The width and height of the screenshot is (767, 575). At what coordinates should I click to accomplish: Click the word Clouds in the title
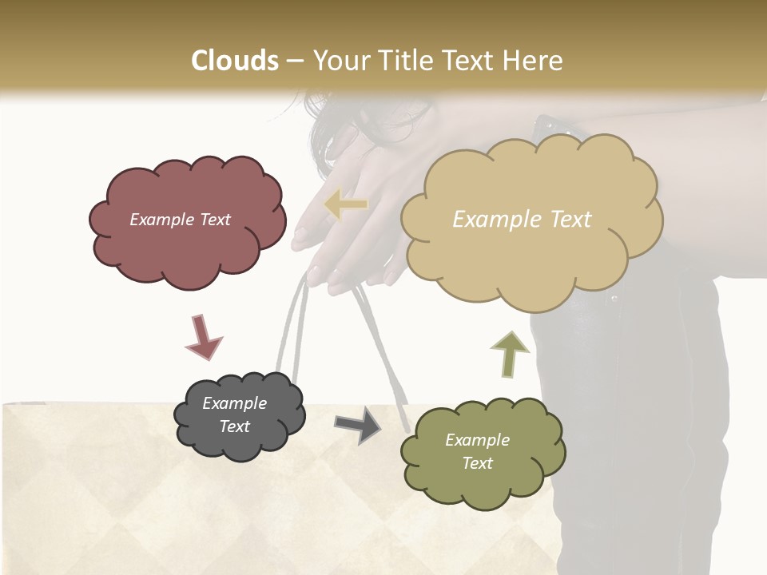[235, 61]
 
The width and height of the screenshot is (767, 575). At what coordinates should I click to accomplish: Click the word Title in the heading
[404, 61]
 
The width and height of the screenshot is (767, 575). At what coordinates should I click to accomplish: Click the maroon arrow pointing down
[203, 337]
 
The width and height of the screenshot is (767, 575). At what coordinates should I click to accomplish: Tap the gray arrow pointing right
[358, 425]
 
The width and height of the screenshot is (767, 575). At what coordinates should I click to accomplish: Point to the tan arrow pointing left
[345, 205]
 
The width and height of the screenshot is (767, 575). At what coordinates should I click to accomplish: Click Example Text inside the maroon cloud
[180, 220]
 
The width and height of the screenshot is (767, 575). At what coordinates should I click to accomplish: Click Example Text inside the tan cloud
[522, 220]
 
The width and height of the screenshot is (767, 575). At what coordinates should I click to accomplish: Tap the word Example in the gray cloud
[234, 403]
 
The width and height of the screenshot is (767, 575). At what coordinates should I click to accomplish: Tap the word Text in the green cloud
[477, 463]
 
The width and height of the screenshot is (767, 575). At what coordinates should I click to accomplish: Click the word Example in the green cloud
[477, 440]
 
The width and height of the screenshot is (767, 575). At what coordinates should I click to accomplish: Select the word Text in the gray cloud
[234, 426]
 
